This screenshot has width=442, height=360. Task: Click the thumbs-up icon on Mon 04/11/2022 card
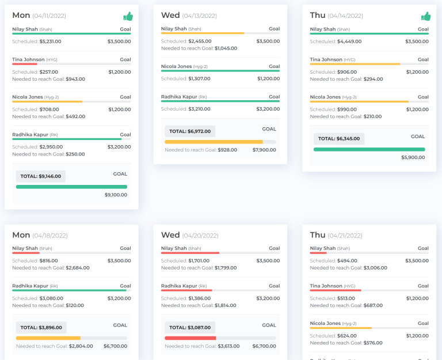128,16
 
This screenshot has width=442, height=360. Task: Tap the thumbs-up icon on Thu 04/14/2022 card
426,16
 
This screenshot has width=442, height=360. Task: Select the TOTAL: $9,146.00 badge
41,176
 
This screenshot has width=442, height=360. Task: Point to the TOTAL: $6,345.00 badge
338,139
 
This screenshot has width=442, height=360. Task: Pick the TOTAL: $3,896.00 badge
41,327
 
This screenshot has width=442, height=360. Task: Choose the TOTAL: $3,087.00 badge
190,327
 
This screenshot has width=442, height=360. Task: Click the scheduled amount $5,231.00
50,41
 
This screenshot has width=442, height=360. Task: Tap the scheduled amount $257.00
49,72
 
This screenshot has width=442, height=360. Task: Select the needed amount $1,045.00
226,48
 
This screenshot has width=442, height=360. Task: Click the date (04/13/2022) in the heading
200,16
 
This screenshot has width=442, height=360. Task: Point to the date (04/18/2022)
50,236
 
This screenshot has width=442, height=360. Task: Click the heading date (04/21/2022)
345,236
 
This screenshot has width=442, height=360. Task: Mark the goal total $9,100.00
116,195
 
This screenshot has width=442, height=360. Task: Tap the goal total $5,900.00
413,157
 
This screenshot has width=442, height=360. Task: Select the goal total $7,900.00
264,150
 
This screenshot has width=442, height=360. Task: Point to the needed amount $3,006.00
375,268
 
